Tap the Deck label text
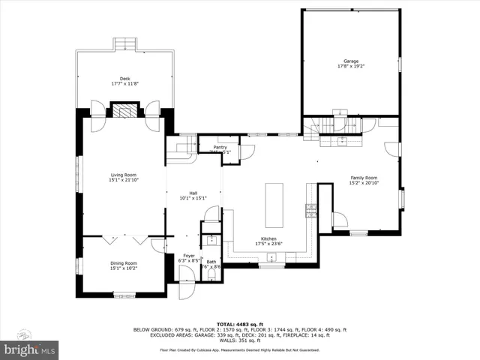[x=124, y=79]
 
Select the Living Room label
[x=123, y=175]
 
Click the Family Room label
[x=364, y=178]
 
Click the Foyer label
[x=189, y=256]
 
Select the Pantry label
[x=220, y=148]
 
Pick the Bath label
[x=211, y=262]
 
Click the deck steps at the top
[x=125, y=43]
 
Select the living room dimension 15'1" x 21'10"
[x=123, y=181]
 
